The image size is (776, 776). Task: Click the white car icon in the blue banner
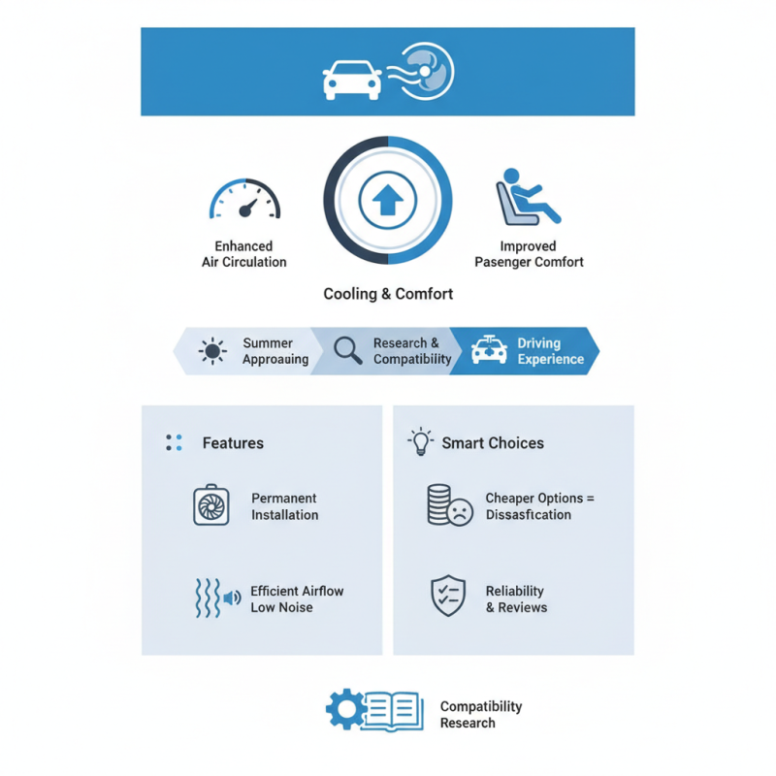click(x=352, y=81)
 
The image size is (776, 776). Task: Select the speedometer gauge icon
click(x=245, y=199)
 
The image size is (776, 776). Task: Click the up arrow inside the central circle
click(x=387, y=200)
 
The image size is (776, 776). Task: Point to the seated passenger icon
click(x=528, y=197)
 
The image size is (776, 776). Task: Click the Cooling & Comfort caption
click(x=388, y=294)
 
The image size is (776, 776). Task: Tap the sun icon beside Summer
click(x=212, y=351)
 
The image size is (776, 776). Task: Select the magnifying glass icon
click(x=347, y=350)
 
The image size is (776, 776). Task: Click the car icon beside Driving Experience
click(x=489, y=349)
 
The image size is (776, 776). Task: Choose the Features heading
click(x=233, y=443)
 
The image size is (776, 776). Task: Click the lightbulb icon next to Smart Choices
click(x=421, y=441)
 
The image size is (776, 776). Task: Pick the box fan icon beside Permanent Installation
click(x=211, y=504)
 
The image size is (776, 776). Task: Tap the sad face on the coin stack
click(x=460, y=512)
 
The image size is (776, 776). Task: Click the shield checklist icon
click(x=448, y=596)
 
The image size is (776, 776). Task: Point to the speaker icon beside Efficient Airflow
click(x=232, y=598)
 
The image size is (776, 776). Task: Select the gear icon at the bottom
click(x=347, y=709)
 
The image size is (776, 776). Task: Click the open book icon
click(x=394, y=711)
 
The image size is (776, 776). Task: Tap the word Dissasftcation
click(x=529, y=515)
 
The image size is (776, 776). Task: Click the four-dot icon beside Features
click(x=174, y=442)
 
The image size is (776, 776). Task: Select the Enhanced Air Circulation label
click(x=244, y=254)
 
